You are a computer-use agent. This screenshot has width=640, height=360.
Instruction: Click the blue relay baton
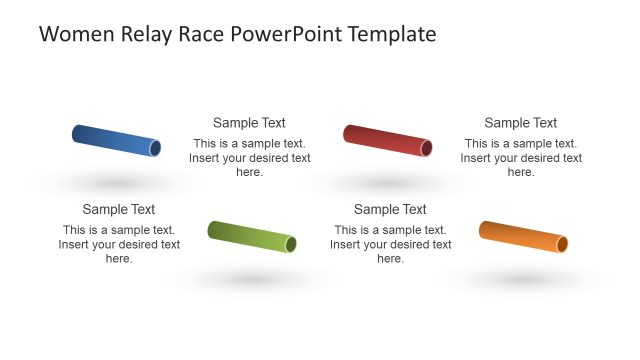[x=115, y=140]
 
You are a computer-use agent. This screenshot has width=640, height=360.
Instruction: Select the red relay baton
[x=386, y=140]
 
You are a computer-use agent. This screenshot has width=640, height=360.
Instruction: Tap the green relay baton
[x=251, y=236]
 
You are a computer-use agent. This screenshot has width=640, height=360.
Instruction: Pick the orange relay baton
[x=522, y=236]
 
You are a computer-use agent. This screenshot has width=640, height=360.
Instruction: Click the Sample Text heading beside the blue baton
[x=249, y=123]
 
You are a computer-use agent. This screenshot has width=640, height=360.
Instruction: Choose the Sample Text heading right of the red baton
[x=520, y=123]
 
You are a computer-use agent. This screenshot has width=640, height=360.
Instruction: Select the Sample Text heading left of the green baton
[x=119, y=209]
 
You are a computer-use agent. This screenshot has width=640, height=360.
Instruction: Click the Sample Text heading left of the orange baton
[x=390, y=209]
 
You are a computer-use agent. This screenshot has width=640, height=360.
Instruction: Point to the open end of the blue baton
[x=155, y=149]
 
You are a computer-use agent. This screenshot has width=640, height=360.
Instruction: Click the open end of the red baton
[x=426, y=149]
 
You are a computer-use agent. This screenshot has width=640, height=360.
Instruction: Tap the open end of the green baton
[x=291, y=244]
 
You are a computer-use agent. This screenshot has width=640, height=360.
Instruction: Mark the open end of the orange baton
[x=562, y=244]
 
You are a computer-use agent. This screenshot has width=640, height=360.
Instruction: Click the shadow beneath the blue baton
[x=118, y=183]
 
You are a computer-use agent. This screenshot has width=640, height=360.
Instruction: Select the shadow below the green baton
[x=251, y=279]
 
